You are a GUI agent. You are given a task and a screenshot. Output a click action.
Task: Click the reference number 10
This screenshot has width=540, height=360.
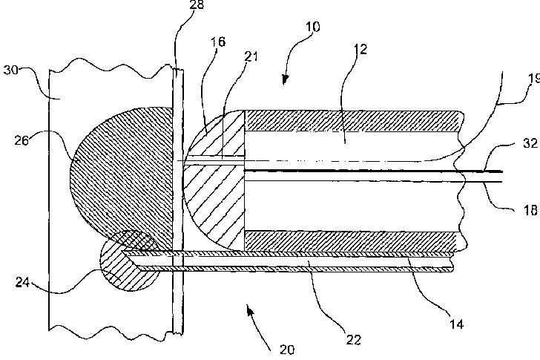click(x=312, y=26)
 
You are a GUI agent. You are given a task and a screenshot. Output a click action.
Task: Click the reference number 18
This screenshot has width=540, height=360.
click(x=531, y=189)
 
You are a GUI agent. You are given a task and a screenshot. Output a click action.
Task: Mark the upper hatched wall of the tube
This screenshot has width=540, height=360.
click(x=349, y=121)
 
